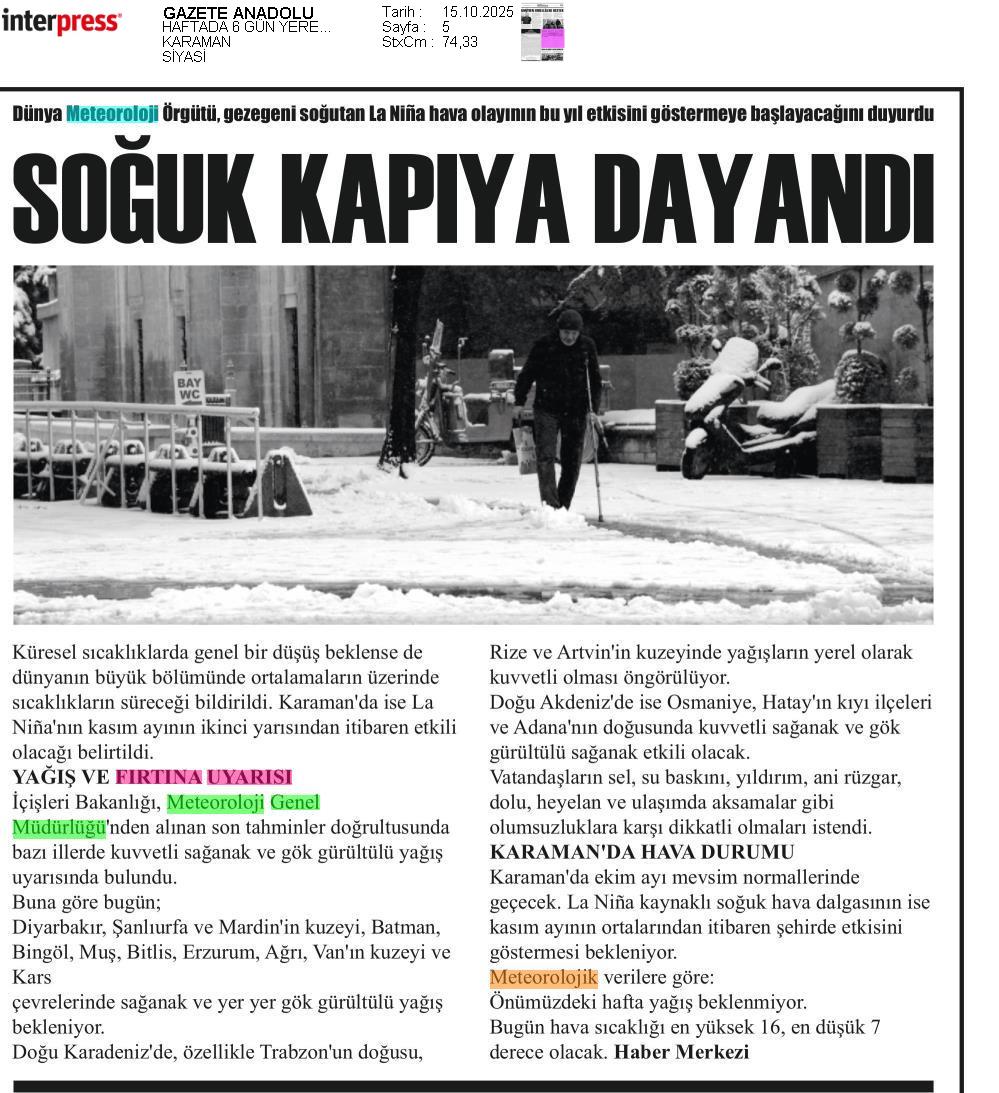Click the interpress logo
pos(61,21)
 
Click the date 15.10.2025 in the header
pos(477,12)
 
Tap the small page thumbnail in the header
pos(542,32)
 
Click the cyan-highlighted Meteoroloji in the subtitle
pos(112,114)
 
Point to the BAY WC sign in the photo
pos(188,387)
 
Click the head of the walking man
pos(570,320)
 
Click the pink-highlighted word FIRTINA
pos(158,777)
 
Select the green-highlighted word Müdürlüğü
pos(59,827)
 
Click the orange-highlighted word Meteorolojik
pos(543,977)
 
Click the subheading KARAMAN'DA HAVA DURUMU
pos(641,852)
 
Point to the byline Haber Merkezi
pos(681,1052)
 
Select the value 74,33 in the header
pos(460,42)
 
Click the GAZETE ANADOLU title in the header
pos(238,13)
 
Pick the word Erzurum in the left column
pos(214,952)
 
